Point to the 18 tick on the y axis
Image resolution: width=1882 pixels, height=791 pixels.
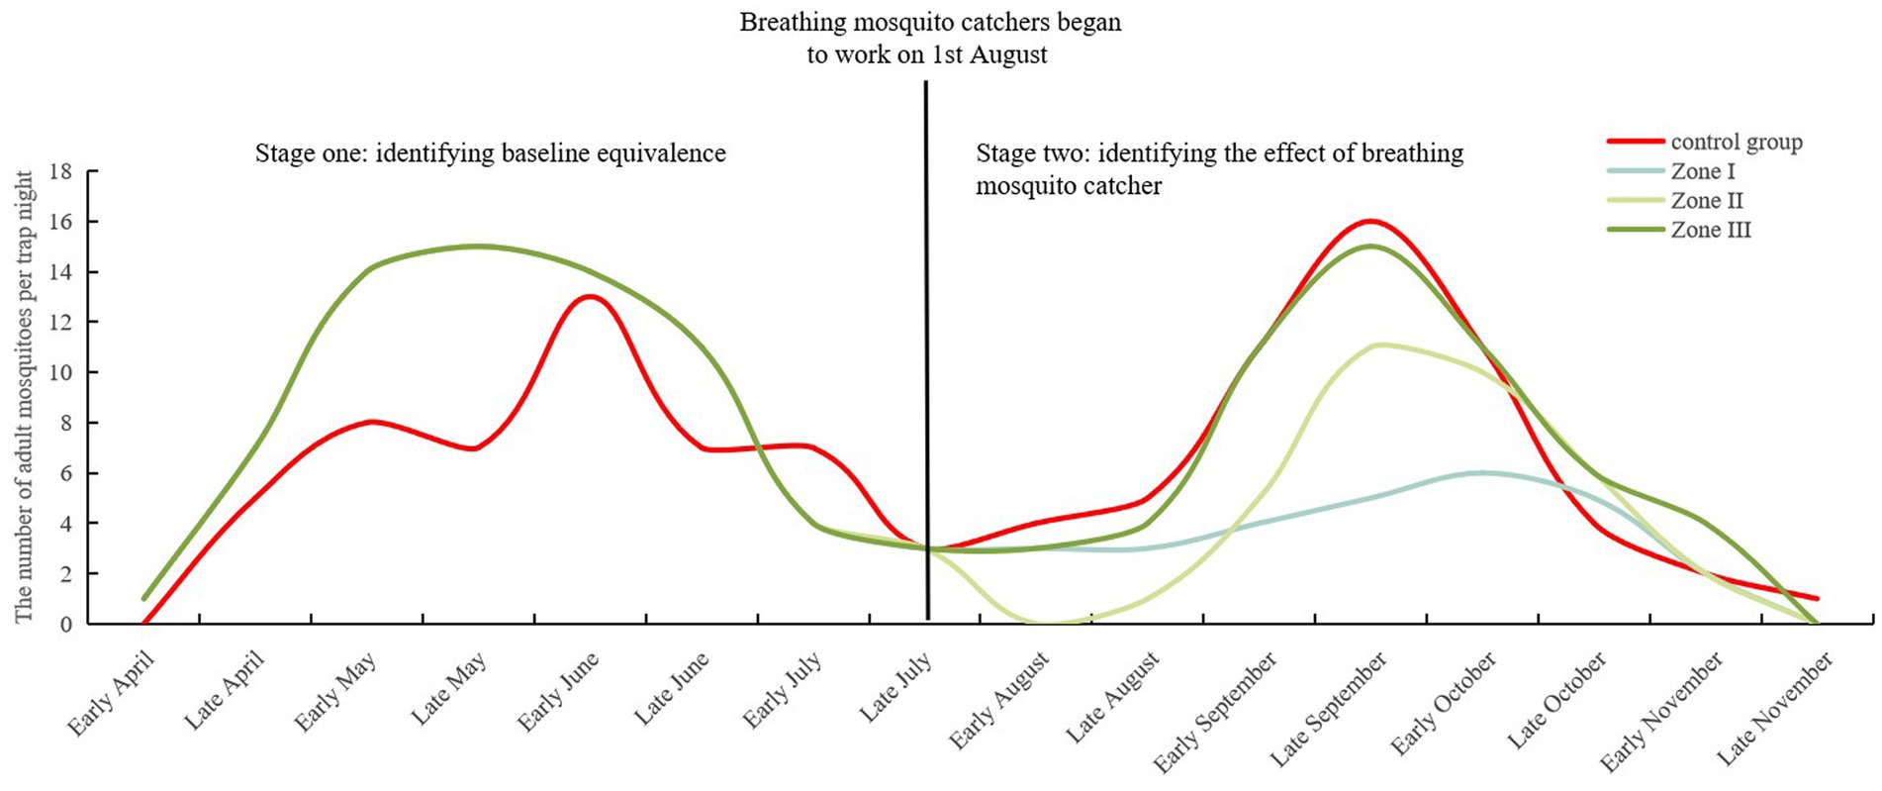tap(60, 171)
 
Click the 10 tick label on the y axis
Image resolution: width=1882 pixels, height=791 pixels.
tap(60, 373)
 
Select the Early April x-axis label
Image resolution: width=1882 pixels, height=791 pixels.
tap(111, 694)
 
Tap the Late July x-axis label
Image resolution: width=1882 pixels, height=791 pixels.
tap(895, 688)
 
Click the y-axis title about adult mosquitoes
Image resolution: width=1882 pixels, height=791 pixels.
tap(24, 396)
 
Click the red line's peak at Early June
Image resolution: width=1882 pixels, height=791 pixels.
tap(591, 297)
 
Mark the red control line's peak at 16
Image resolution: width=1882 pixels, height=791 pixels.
tap(1371, 221)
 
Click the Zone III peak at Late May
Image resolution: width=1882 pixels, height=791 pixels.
tap(479, 247)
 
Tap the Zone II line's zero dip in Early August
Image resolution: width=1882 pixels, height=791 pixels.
tap(1047, 623)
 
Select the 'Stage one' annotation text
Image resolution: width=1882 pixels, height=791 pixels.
tap(490, 153)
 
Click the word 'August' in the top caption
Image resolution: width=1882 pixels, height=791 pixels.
tap(1007, 55)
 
